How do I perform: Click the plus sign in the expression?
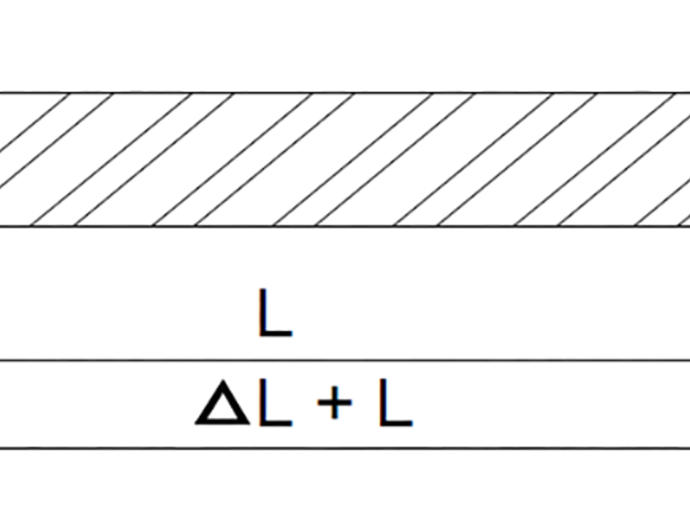click(335, 403)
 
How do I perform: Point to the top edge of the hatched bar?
click(345, 93)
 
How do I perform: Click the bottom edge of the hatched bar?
click(345, 226)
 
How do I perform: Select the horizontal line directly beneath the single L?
click(345, 360)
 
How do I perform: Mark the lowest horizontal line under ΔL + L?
click(345, 448)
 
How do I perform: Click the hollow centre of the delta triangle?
click(223, 408)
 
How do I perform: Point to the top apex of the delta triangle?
click(223, 380)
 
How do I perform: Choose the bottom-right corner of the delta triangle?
click(249, 424)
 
